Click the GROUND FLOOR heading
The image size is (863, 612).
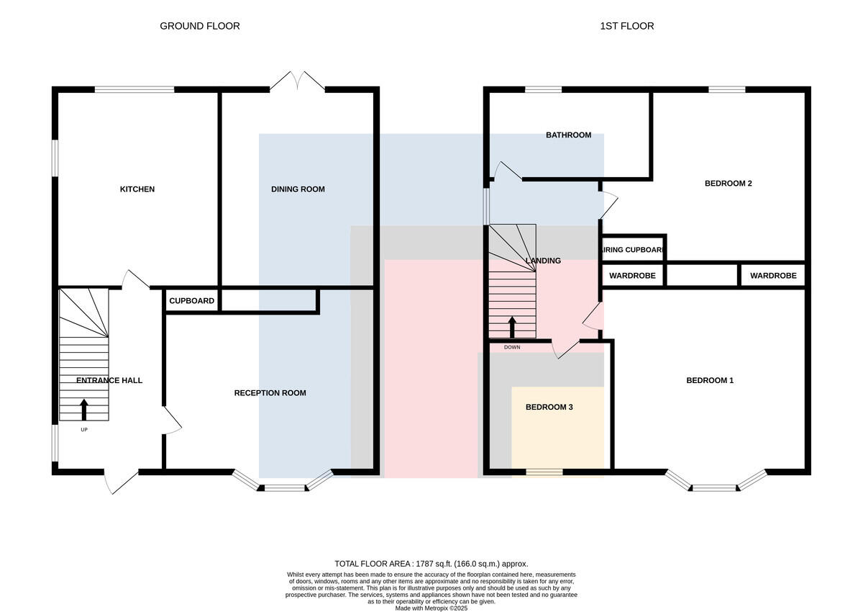[200, 26]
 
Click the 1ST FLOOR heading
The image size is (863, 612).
[627, 26]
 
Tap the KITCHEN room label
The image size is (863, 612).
[137, 189]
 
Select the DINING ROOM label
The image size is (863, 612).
[298, 189]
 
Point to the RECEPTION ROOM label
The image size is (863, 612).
[270, 393]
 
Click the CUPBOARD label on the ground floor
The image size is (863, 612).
[191, 301]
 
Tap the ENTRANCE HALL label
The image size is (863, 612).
[109, 381]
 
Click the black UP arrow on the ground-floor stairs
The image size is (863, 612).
[84, 410]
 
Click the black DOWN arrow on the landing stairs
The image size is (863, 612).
[512, 328]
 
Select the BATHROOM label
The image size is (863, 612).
[568, 135]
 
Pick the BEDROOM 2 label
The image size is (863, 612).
[728, 184]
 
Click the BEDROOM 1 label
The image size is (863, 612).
[710, 381]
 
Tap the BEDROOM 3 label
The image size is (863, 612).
[549, 408]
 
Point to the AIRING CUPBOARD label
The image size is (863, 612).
[633, 250]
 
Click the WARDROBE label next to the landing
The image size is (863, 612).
[632, 276]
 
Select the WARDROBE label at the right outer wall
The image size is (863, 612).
[773, 276]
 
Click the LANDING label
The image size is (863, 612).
[543, 261]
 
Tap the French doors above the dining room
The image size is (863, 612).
[297, 81]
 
